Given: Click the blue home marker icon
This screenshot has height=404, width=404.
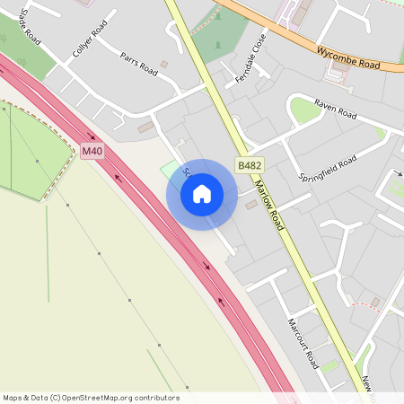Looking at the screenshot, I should [202, 194].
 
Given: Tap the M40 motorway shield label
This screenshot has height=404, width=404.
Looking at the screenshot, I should [92, 151].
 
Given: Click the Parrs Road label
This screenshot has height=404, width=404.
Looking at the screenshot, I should [138, 64].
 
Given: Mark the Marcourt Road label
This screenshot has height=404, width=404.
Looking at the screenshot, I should [303, 342].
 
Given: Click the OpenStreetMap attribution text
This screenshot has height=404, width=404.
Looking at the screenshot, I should [91, 398].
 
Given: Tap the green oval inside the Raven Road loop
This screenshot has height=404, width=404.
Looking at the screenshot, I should [304, 110].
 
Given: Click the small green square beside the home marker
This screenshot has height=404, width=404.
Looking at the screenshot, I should [170, 168].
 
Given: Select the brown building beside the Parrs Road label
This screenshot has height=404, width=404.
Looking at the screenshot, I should [163, 65].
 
